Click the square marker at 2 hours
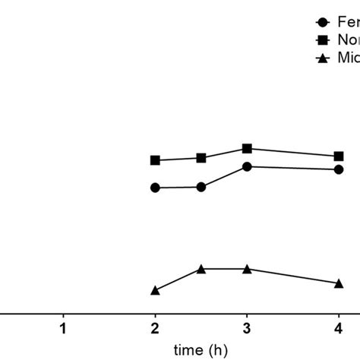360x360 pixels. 156,160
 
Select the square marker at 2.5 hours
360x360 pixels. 201,158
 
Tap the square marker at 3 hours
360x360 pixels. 247,148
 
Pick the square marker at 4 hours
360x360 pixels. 338,156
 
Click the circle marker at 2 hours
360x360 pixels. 156,188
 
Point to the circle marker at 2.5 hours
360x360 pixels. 201,187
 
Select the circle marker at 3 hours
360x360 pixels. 247,166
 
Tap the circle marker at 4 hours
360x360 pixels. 338,169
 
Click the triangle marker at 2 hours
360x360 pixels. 156,290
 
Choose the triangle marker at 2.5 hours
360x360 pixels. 201,269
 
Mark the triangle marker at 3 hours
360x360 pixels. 247,269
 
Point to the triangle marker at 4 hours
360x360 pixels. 338,283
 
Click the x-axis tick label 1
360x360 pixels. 64,328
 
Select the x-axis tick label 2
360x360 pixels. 156,328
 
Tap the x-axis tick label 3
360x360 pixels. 247,328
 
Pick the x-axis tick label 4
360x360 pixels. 338,328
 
